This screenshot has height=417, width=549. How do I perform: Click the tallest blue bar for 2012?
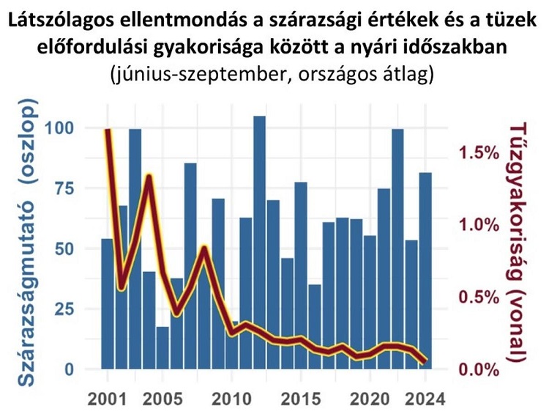[x=259, y=242]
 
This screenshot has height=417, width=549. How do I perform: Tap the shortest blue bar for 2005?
[x=163, y=348]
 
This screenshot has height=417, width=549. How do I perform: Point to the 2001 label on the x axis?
[x=108, y=399]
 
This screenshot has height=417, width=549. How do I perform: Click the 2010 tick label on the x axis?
[x=231, y=399]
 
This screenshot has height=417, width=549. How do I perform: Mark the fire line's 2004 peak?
[x=149, y=177]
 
